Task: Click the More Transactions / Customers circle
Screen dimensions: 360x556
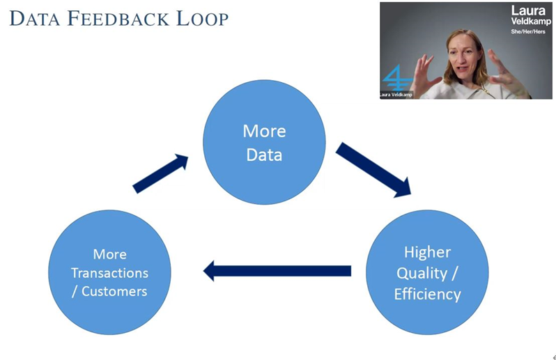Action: point(109,272)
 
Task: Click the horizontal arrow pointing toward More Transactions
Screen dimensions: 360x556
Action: point(277,270)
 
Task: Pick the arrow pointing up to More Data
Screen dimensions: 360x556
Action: point(160,173)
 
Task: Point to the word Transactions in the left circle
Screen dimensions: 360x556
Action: point(110,272)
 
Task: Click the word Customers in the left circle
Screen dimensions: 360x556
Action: point(114,290)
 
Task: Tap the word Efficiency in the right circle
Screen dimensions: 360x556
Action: point(427,293)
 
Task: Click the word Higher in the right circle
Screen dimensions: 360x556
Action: point(427,252)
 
